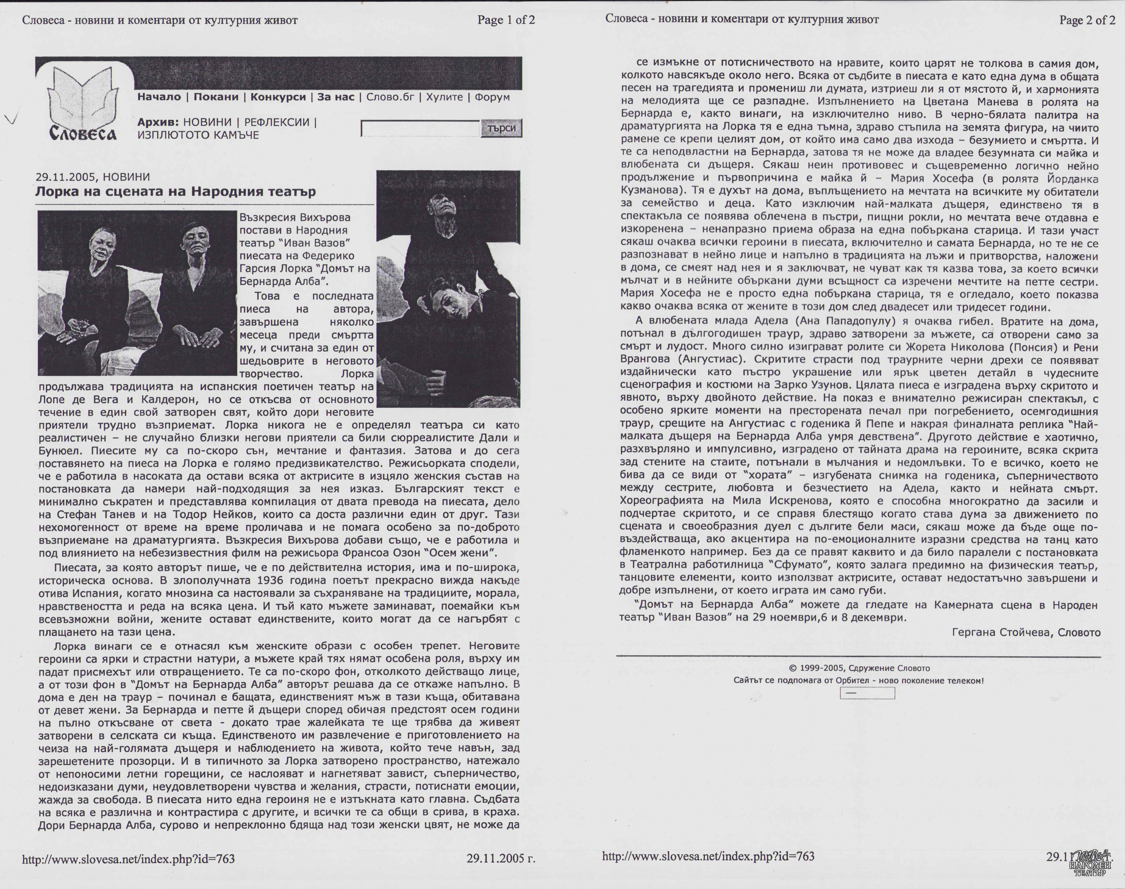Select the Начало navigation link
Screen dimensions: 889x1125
[x=159, y=97]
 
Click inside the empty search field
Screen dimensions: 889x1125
[x=420, y=128]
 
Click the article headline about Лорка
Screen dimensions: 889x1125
[x=175, y=192]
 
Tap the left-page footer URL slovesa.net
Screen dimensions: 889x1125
[x=128, y=859]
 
